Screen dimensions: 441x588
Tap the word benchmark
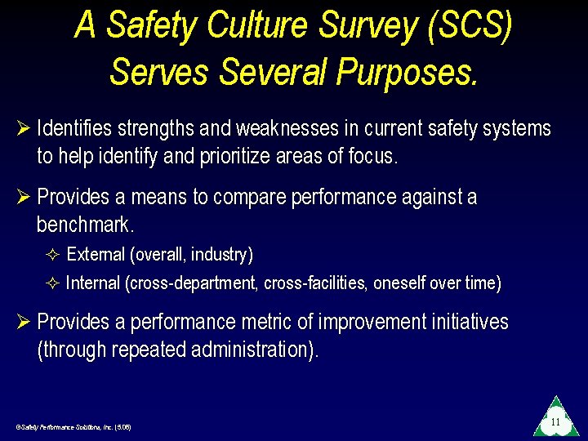pos(83,225)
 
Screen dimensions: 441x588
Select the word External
pos(96,255)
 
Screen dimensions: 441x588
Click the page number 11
pos(555,422)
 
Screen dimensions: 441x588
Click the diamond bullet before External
pos(54,256)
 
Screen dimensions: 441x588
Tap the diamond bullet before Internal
pos(54,284)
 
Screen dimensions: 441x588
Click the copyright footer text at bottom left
pos(73,427)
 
